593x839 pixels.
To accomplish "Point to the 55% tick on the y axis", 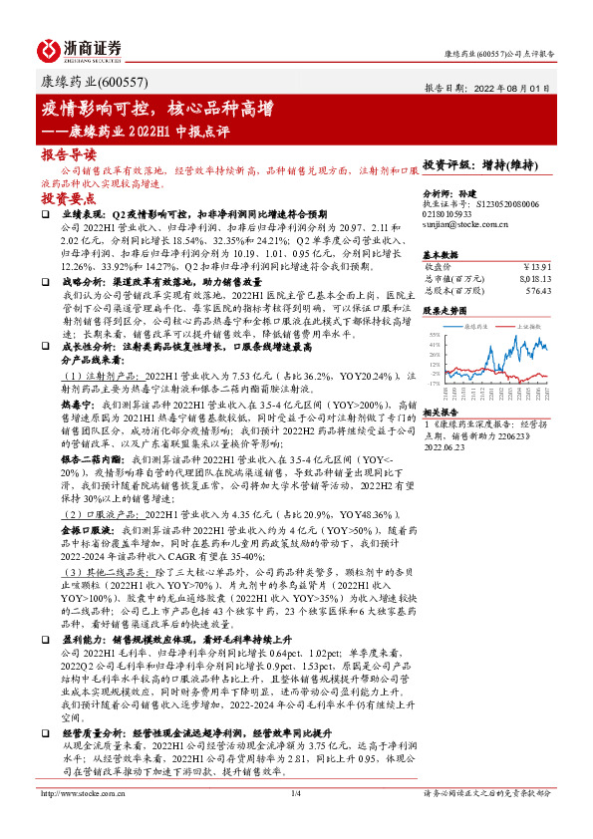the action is click(x=436, y=334).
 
